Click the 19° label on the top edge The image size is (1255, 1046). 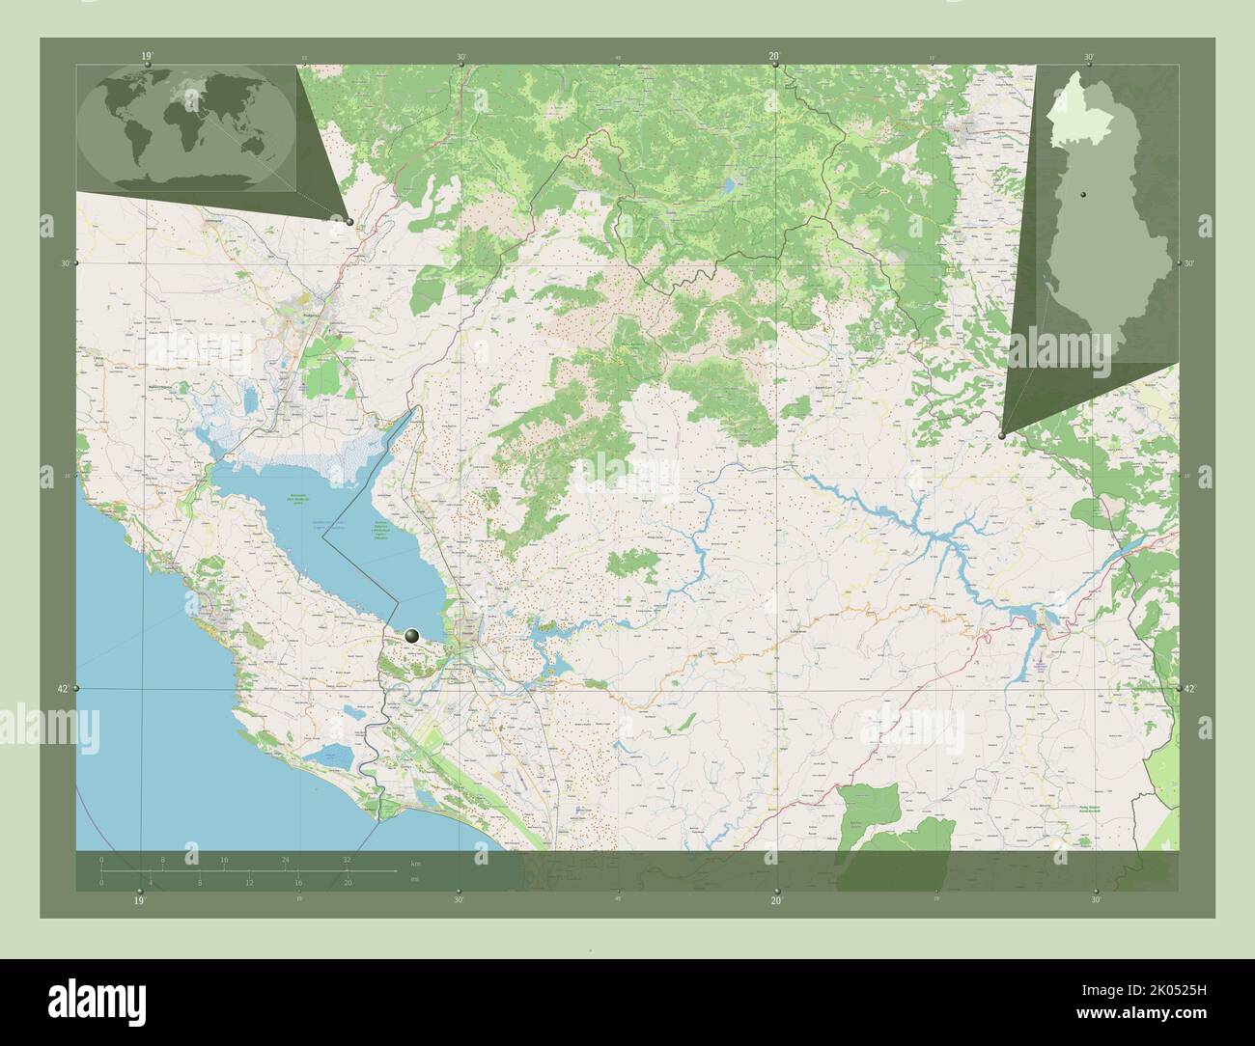(146, 56)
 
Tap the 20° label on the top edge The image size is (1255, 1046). (774, 56)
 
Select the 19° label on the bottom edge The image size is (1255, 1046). (140, 900)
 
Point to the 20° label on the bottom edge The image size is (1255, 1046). (775, 900)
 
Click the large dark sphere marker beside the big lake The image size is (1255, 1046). (413, 635)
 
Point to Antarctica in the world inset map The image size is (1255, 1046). (193, 179)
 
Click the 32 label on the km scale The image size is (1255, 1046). (347, 858)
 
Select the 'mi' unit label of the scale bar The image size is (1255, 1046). (414, 880)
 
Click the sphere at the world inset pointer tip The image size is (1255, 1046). (349, 222)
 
